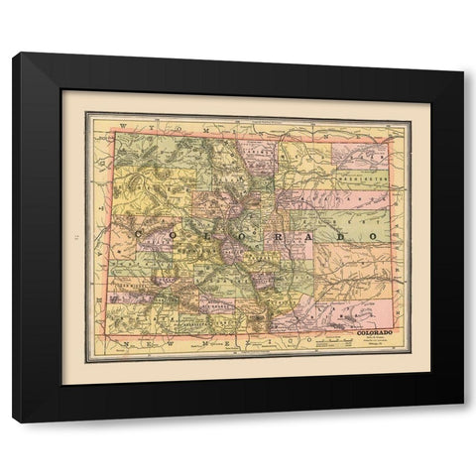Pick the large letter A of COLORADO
click(x=306, y=238)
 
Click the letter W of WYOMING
click(x=122, y=126)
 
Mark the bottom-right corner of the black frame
click(x=463, y=422)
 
